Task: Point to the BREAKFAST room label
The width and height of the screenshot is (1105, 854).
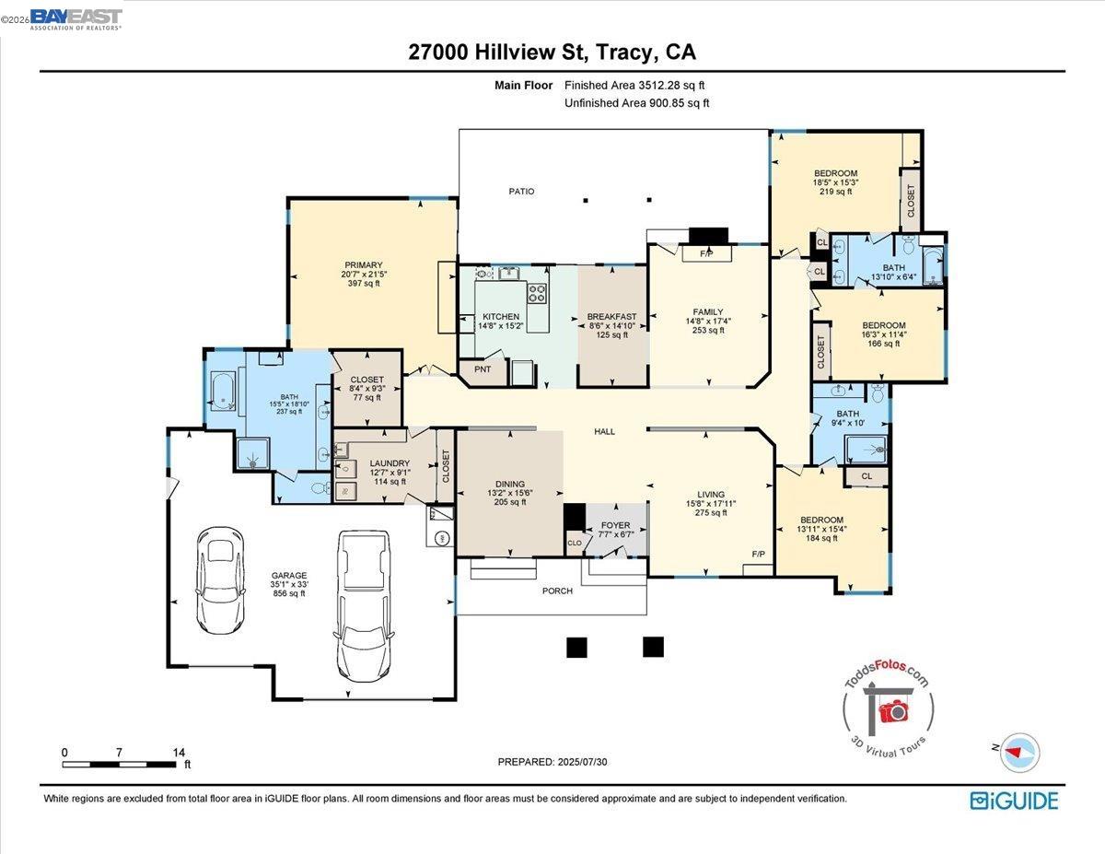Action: tap(612, 317)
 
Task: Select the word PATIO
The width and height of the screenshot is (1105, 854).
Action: tap(521, 192)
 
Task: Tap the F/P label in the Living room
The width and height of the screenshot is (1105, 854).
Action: tap(759, 555)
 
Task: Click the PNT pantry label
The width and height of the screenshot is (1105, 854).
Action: tap(483, 369)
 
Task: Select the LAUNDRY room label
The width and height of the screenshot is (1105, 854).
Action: tap(389, 463)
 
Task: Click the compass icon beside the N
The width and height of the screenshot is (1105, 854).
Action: tap(1019, 751)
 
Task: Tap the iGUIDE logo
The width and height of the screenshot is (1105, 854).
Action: tap(1014, 801)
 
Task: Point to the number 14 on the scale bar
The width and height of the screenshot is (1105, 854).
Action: tap(179, 752)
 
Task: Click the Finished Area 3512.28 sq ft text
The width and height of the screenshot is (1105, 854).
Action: tap(634, 85)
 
